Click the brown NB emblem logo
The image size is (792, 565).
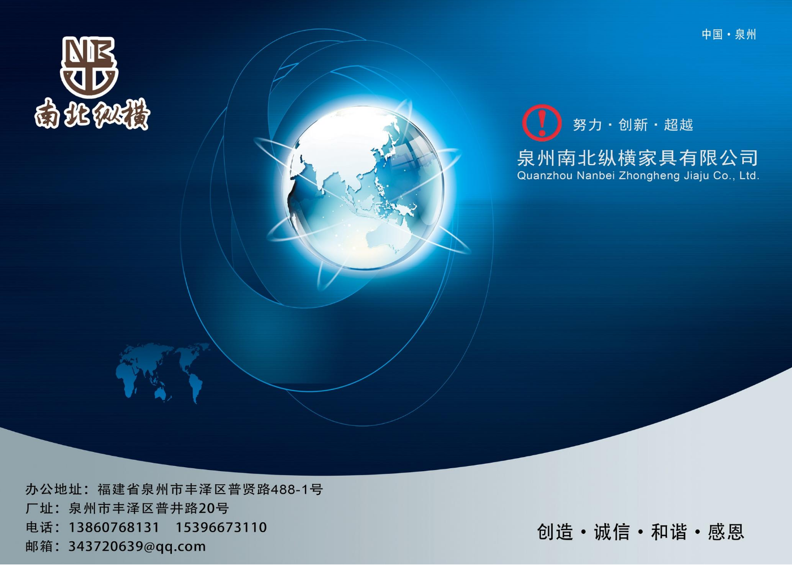(x=89, y=67)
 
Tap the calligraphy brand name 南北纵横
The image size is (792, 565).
(x=92, y=114)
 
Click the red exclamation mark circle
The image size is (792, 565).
(x=542, y=123)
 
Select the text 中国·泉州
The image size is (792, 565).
(x=729, y=34)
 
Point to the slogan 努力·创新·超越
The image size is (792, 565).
(x=633, y=125)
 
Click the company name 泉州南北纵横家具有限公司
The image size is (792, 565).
(x=638, y=158)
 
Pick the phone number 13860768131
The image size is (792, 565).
(x=114, y=527)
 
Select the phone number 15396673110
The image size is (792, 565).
(x=221, y=527)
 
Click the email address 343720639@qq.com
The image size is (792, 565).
(x=137, y=546)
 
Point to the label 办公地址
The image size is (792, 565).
(x=54, y=489)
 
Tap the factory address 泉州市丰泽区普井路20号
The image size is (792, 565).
(x=149, y=508)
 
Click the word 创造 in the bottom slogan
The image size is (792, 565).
(x=555, y=532)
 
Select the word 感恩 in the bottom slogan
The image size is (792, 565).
(x=726, y=532)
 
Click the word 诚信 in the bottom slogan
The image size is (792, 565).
(x=612, y=532)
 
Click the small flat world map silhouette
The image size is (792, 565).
(x=163, y=373)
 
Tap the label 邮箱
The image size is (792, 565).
(x=39, y=546)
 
